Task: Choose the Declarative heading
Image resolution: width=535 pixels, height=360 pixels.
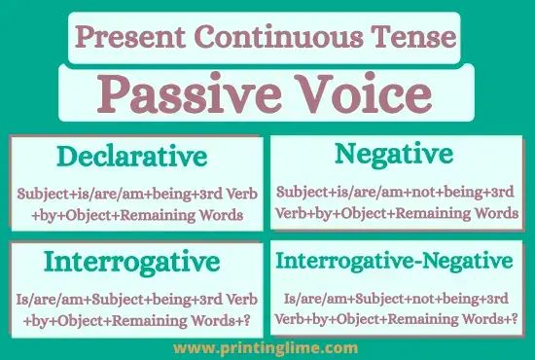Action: coord(131,157)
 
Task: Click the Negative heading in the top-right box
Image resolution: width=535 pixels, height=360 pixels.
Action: coord(393,153)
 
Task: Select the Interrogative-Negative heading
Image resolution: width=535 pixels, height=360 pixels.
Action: coord(393,260)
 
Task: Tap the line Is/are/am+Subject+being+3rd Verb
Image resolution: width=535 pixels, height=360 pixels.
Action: coord(137,298)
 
